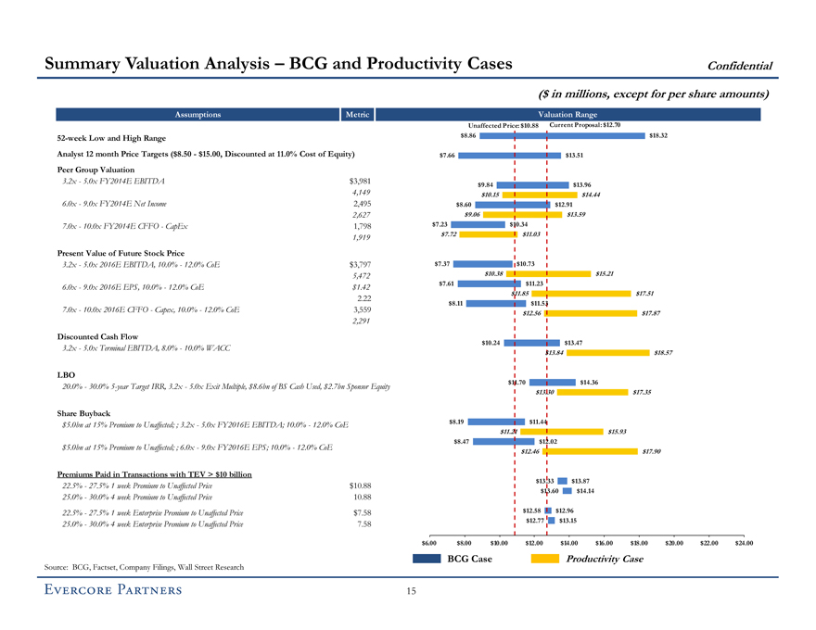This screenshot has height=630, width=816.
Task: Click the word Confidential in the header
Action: click(x=740, y=65)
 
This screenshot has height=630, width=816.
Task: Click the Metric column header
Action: click(x=356, y=115)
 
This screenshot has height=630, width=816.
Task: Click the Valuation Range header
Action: click(x=567, y=115)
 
